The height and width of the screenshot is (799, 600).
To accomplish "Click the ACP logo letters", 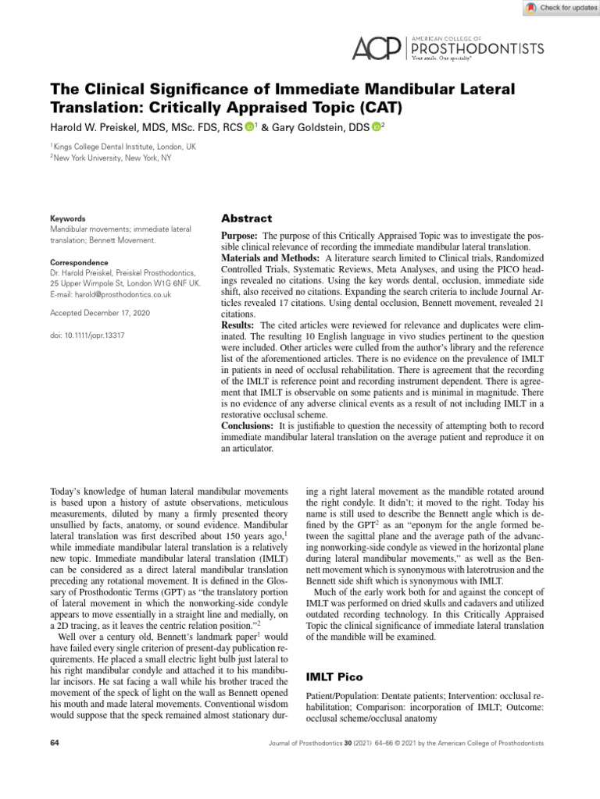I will coord(376,49).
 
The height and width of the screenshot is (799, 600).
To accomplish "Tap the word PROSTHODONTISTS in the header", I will coord(477,48).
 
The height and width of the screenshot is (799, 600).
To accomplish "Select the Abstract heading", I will coord(247,219).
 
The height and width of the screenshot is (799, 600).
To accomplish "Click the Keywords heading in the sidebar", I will coord(68,219).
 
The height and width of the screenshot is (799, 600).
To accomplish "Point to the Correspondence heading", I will coord(79,263).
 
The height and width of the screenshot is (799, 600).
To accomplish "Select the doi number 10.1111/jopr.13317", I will coord(87,335).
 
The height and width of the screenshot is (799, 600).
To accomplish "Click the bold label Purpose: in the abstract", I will coord(241,236).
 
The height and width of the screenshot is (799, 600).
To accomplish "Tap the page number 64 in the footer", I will coord(55,743).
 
